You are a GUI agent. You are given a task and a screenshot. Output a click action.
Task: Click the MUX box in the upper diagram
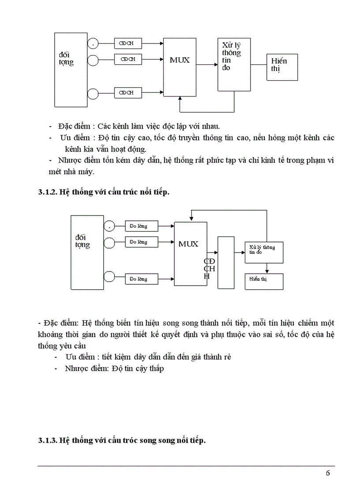click(180, 67)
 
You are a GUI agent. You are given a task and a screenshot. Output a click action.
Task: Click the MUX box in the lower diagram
click(191, 253)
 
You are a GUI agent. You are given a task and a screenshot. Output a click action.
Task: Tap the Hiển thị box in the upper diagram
click(282, 67)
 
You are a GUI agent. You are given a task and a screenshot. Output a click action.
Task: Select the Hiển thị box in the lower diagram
click(264, 281)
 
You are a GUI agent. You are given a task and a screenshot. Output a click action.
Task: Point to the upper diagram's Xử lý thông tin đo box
click(234, 64)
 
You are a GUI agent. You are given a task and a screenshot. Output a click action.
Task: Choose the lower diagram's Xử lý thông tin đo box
click(264, 252)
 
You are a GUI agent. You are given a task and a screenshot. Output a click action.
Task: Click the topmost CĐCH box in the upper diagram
click(128, 44)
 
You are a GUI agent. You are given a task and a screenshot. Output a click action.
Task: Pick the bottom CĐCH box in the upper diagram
click(128, 93)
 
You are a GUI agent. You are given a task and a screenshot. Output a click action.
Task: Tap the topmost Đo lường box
click(141, 227)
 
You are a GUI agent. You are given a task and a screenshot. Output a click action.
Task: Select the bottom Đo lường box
click(141, 279)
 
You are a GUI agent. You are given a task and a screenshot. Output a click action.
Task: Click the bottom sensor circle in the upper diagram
click(93, 93)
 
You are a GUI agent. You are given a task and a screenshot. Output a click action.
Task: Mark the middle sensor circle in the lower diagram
click(109, 242)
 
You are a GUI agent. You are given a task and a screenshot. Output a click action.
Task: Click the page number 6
click(327, 473)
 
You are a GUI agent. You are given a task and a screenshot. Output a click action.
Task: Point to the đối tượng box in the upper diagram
click(71, 69)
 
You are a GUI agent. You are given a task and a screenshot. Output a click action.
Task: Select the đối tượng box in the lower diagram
click(87, 252)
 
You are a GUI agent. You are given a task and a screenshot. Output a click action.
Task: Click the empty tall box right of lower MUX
click(226, 262)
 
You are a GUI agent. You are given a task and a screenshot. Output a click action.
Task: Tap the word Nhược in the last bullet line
click(75, 368)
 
